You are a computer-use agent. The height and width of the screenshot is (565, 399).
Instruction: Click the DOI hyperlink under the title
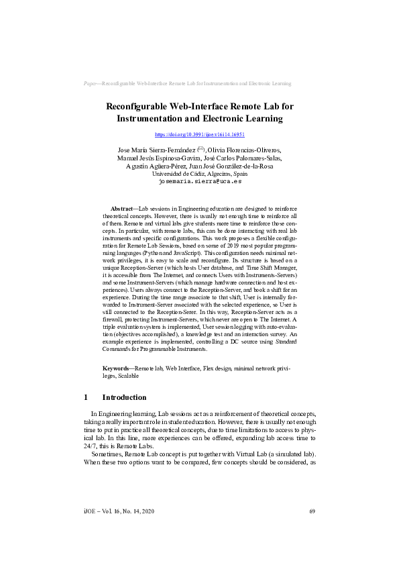(199, 134)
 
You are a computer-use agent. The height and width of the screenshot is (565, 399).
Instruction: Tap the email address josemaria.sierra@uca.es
(199, 181)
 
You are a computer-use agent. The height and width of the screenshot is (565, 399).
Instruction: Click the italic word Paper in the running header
(91, 84)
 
